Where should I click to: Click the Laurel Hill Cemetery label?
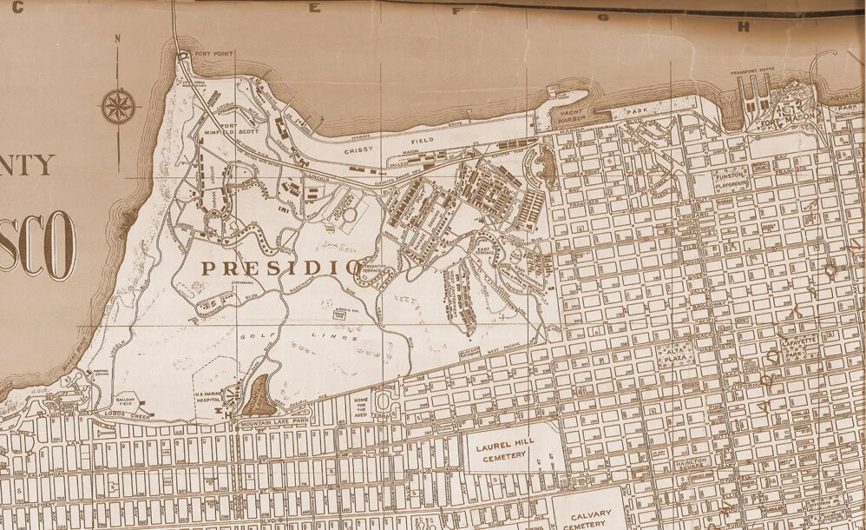508,449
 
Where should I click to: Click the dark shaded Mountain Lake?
257,395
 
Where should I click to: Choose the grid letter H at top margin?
742,27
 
